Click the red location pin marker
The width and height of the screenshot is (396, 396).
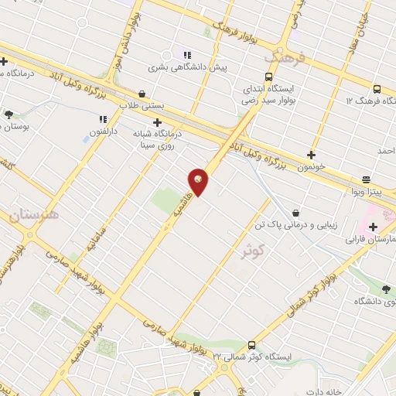click(x=200, y=181)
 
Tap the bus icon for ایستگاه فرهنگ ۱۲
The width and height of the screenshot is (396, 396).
click(x=377, y=89)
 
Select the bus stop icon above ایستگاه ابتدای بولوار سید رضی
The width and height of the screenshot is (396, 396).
click(x=268, y=77)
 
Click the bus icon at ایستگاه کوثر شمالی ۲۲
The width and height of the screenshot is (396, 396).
click(x=251, y=345)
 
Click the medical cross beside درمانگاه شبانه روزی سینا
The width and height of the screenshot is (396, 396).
click(x=158, y=122)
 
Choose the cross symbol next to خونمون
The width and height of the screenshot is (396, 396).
click(x=311, y=155)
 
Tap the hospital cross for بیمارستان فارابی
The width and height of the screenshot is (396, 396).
click(x=373, y=227)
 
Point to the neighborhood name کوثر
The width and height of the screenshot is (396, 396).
click(x=253, y=250)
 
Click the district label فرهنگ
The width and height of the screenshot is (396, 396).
click(x=284, y=58)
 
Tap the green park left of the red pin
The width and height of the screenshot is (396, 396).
click(x=167, y=200)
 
